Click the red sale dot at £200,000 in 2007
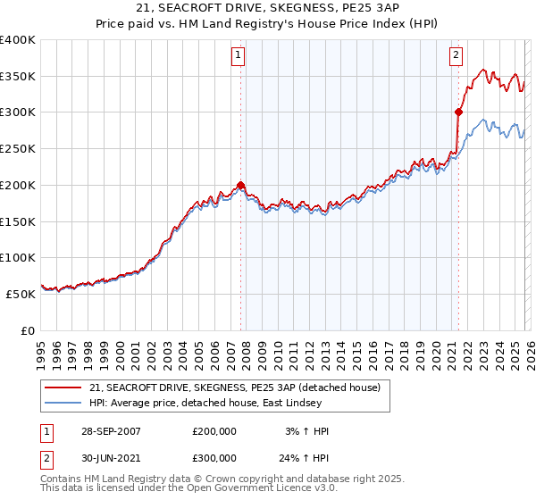[x=240, y=186]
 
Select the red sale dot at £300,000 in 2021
[x=458, y=112]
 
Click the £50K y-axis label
[x=21, y=294]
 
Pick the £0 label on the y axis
[x=27, y=330]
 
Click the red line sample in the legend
[x=64, y=387]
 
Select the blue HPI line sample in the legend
[x=64, y=403]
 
